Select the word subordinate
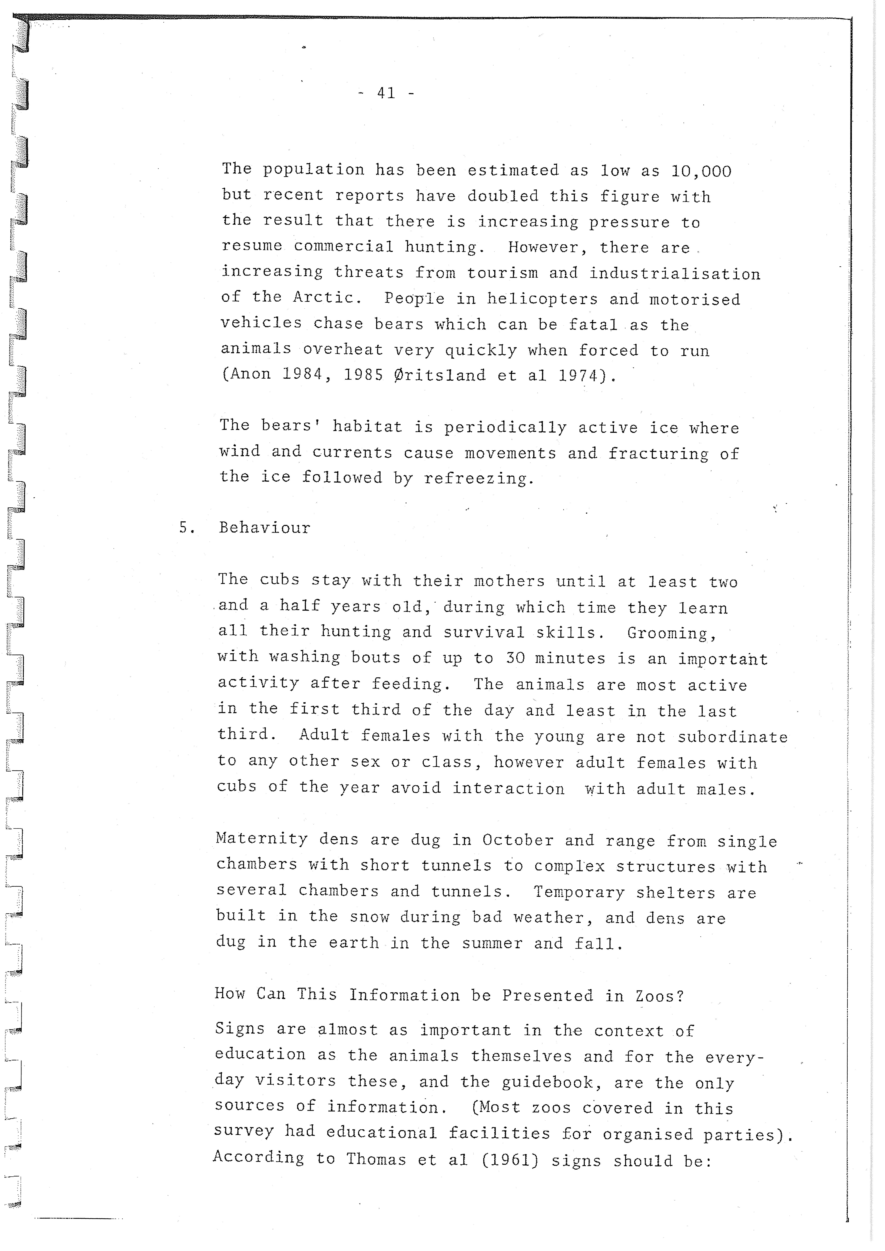[732, 737]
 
